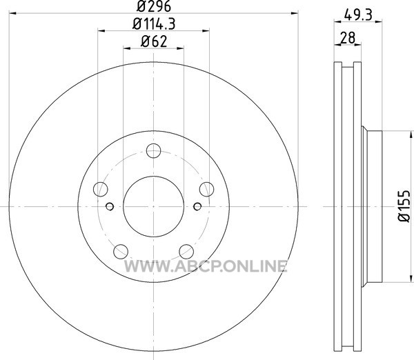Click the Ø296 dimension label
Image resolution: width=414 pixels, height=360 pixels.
[x=154, y=6]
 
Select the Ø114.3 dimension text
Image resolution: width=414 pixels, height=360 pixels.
[x=154, y=24]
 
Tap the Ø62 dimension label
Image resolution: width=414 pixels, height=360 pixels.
[x=154, y=41]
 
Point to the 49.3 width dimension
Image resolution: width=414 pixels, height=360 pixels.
[x=358, y=14]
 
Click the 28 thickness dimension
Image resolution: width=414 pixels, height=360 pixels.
[x=348, y=38]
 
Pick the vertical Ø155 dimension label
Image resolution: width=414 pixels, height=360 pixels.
[x=404, y=206]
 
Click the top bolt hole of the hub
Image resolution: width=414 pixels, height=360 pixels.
[x=153, y=151]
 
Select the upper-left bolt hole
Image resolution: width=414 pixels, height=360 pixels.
[x=101, y=189]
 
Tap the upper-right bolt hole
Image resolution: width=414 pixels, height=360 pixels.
[x=206, y=189]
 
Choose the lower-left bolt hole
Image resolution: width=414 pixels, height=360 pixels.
[x=121, y=252]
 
